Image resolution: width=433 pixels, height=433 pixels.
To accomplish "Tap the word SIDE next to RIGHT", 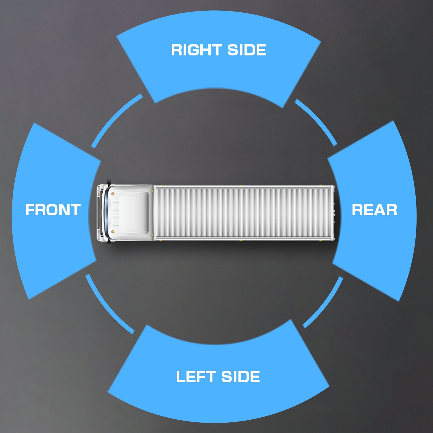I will pos(247,50).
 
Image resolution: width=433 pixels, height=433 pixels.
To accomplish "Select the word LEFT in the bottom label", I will pos(196,377).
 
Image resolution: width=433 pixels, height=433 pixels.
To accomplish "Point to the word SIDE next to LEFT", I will pos(241,377).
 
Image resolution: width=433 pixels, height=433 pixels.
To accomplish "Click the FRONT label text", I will pos(53,210).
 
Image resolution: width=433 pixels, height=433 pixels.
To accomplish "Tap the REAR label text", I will pos(374,210).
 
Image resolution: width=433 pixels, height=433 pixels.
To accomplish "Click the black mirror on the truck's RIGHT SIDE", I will pos(109,182).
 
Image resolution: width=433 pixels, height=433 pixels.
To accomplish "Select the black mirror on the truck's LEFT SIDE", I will pos(109,245).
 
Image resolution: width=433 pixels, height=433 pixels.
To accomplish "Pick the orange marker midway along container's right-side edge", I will pos(240,185).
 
